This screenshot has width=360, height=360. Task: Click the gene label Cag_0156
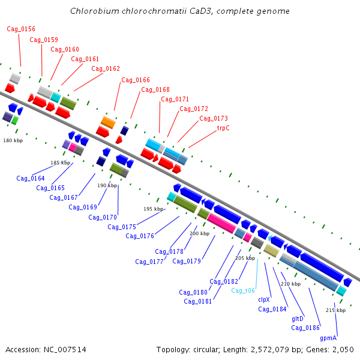coord(21,29)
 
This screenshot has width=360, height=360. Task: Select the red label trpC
coord(223,128)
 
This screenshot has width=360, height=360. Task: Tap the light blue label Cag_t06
coord(243,290)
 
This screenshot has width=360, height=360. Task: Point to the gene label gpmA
coord(328,338)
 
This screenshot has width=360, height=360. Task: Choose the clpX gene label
coord(264,299)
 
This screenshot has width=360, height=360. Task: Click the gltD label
coord(298,319)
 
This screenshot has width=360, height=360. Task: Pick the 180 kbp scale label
coord(13,140)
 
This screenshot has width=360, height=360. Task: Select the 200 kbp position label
coord(200,233)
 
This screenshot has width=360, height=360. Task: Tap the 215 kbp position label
coord(335,310)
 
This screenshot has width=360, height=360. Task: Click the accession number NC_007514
coord(65,350)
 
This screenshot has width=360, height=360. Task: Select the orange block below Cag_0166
coord(108,122)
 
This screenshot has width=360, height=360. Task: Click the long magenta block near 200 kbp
coord(221,223)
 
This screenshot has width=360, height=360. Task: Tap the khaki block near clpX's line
coord(271,251)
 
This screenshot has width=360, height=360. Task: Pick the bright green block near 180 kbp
coord(15,121)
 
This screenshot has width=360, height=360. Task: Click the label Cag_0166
coord(136,80)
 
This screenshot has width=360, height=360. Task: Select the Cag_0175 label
coord(122,227)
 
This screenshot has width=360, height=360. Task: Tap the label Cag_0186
coord(305,328)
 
